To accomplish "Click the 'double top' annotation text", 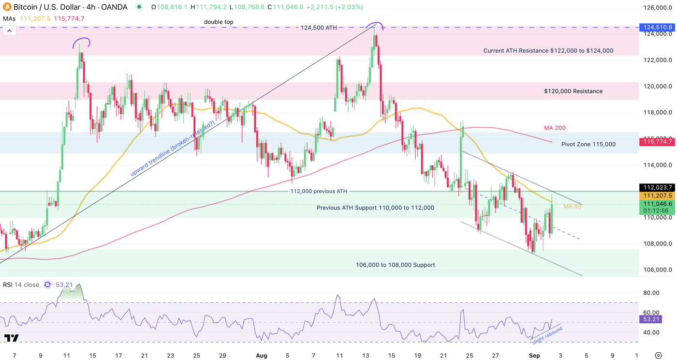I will pos(219,22).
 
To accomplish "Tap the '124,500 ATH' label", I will pos(319,28).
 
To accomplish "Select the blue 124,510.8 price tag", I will pos(656,28).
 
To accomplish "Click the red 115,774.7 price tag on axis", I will pos(656,142).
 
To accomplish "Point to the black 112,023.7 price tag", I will pos(656,187).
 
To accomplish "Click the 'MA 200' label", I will pos(555,128).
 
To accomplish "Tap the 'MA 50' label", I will pos(572,206).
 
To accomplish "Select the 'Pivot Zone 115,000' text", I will pos(589,144).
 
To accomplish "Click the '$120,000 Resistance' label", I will pos(573,91).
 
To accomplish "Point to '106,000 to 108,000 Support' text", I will pos(395,265).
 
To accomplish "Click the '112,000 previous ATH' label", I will pos(318,191).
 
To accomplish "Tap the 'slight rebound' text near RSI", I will pos(547,336).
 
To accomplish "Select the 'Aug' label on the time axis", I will pos(261,356).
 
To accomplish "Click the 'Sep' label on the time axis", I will pos(534,356).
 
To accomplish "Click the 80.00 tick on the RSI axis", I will pos(651,293).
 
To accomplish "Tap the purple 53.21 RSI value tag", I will pos(648,319).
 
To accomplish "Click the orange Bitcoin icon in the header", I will pos(6,7).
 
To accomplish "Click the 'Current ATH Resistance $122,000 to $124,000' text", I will pos(548,50).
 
